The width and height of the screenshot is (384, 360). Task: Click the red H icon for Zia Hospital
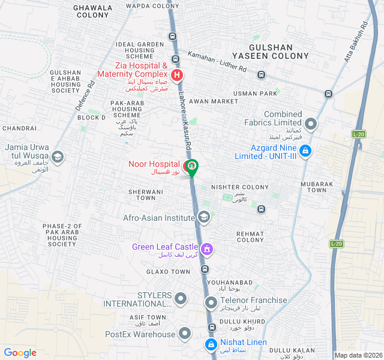(x=177, y=76)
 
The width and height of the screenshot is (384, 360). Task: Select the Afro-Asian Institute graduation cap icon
(x=203, y=217)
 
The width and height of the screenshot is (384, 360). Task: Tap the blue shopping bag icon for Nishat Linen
(x=211, y=344)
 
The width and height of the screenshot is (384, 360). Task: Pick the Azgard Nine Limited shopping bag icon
(x=305, y=150)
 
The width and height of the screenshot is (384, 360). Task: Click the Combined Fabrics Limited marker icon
(x=311, y=125)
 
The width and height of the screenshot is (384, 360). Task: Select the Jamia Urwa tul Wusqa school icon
(x=58, y=157)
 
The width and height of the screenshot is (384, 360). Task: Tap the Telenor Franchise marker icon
(x=211, y=302)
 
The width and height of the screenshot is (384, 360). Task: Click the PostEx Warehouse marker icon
(x=185, y=333)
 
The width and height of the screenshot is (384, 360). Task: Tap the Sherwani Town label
(x=142, y=194)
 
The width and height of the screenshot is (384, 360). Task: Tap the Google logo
(x=20, y=353)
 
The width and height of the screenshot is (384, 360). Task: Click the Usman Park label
(x=256, y=94)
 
